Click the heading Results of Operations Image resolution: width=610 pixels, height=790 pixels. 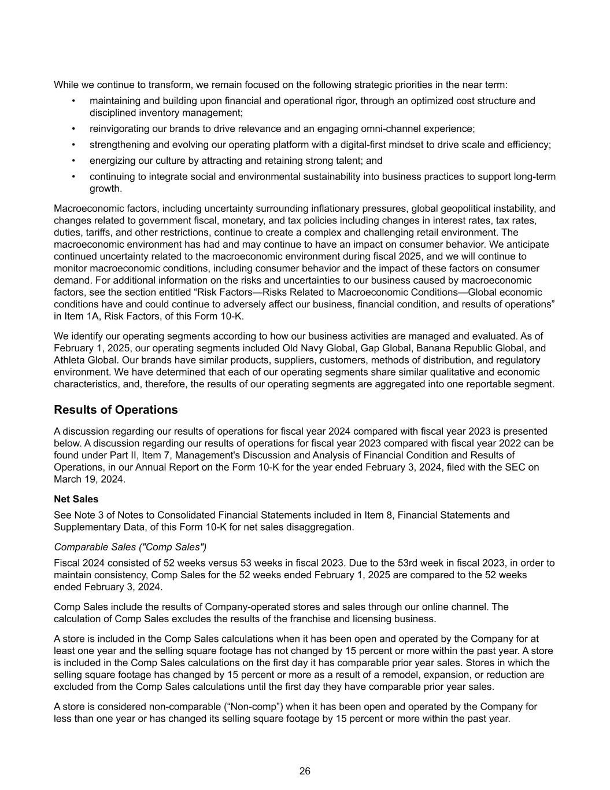point(116,410)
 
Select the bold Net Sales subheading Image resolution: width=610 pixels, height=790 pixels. point(76,499)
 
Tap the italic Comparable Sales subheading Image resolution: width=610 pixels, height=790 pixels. point(130,547)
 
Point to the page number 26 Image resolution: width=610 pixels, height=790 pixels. point(305,771)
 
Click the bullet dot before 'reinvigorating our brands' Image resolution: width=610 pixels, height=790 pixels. point(74,129)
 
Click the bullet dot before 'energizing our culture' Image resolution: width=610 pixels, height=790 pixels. point(74,161)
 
